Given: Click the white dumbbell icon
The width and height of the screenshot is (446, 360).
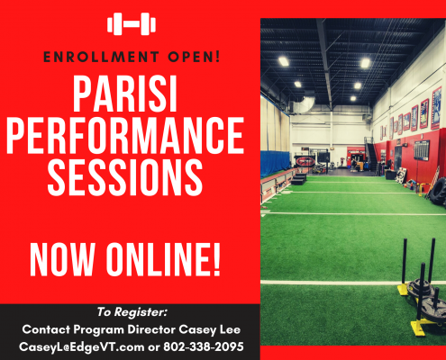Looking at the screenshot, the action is click(x=132, y=24).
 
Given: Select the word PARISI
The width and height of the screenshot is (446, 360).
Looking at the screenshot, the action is click(x=124, y=94).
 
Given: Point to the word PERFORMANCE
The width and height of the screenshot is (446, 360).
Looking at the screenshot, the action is click(x=125, y=135).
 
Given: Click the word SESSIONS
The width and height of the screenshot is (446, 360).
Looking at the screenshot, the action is click(x=125, y=177).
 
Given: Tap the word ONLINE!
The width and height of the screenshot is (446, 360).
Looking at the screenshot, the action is click(x=163, y=259).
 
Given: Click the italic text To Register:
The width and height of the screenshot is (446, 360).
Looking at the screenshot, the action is click(x=132, y=312).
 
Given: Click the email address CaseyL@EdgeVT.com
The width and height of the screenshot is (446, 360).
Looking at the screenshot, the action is click(x=81, y=346).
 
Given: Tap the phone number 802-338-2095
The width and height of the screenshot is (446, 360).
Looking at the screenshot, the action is click(x=204, y=346).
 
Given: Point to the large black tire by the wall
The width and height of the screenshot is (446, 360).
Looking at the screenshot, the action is click(x=438, y=192).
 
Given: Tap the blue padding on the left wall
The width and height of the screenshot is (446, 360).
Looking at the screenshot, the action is click(x=275, y=163).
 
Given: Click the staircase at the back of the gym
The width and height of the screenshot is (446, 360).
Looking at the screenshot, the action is click(x=371, y=156).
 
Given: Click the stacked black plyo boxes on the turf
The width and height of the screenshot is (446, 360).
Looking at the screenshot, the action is click(x=298, y=179).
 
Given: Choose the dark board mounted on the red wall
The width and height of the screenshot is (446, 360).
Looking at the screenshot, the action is click(x=422, y=149).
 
